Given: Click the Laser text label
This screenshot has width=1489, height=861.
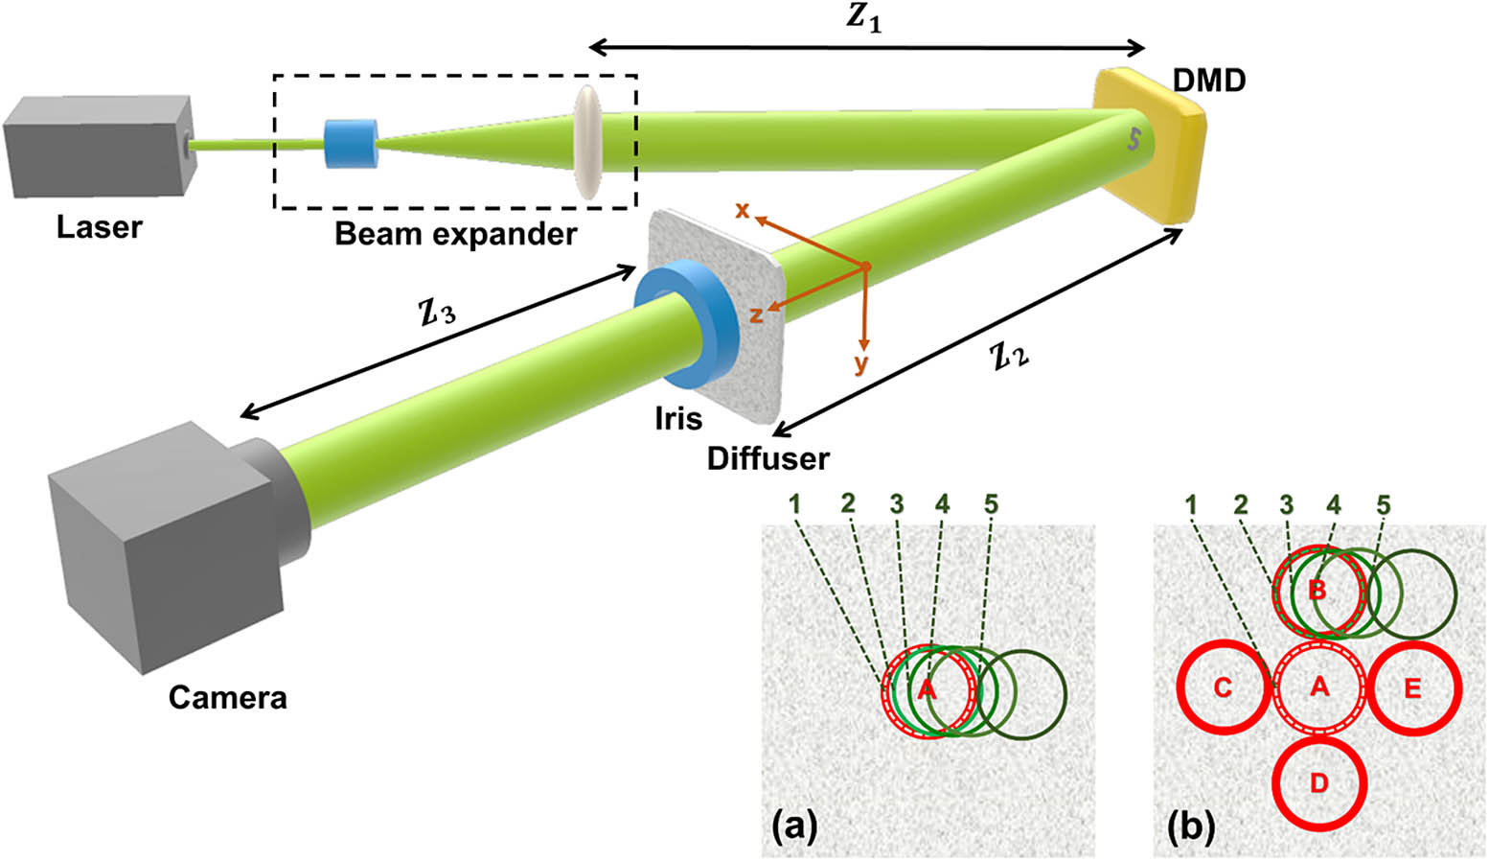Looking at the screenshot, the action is (x=99, y=227).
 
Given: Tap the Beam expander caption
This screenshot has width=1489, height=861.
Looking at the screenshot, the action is (x=456, y=234).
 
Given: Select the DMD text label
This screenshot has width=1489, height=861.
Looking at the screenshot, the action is (x=1209, y=81).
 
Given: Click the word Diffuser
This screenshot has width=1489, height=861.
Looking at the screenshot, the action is (x=767, y=458).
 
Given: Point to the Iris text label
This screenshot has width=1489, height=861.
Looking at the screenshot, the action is (x=678, y=419).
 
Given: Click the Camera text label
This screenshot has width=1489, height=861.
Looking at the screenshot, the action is (x=227, y=697).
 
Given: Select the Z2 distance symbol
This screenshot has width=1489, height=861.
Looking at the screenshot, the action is (x=1009, y=358).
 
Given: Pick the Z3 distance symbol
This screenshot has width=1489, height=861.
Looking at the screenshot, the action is (x=437, y=310).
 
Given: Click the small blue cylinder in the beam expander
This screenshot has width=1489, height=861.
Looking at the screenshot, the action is (x=351, y=143).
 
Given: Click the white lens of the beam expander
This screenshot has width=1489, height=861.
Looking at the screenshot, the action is (x=587, y=142).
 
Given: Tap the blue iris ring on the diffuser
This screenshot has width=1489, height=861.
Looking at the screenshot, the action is (x=686, y=324).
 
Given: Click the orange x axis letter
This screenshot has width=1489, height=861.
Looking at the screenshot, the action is (x=742, y=210).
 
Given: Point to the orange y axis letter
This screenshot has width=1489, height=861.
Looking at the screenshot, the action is (x=860, y=363).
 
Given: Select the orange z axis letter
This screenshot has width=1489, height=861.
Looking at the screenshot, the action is (x=756, y=314).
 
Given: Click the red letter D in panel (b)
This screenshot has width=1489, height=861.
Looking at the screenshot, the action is (x=1318, y=783).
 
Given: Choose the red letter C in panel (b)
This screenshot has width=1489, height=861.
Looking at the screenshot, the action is (x=1223, y=688).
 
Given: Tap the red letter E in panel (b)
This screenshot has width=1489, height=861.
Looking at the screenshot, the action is (x=1412, y=688).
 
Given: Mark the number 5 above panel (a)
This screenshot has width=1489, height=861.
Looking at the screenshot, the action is (x=991, y=503).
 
